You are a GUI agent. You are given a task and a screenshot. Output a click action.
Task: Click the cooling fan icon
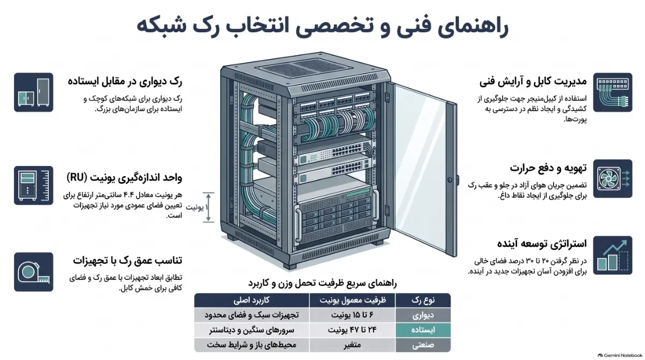612,178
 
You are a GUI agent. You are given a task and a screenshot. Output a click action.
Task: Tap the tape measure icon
33,272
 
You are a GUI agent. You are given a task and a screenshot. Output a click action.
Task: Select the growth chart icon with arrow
612,255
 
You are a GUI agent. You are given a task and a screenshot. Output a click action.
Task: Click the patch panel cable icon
612,92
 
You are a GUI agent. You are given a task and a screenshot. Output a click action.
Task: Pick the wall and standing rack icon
33,92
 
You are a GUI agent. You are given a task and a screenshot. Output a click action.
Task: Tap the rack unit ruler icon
33,185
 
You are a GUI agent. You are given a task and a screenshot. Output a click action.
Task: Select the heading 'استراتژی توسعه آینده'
542,244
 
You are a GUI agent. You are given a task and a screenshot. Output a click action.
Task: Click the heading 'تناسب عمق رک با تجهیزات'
127,261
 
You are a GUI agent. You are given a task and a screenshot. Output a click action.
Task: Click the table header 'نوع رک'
423,300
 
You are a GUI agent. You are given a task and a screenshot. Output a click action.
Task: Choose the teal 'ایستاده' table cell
423,330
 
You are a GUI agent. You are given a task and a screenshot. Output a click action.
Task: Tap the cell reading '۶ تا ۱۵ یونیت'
352,315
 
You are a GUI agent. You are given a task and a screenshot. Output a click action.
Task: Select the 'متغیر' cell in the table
352,345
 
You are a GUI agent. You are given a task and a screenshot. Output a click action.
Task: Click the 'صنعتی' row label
423,345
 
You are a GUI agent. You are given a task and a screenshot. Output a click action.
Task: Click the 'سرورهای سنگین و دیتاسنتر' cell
252,330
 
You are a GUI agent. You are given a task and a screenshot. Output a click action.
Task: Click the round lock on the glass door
450,180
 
